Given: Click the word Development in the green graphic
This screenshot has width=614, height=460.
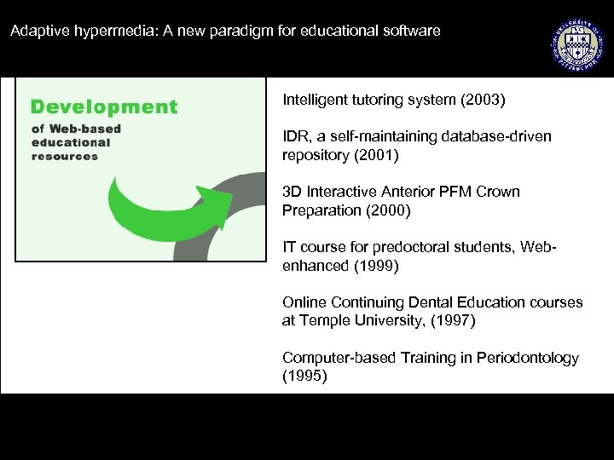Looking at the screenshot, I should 104,107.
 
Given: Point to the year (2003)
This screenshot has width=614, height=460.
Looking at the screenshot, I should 483,101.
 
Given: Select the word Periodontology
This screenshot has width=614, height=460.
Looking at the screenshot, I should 529,358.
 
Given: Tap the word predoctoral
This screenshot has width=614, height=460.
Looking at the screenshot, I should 403,247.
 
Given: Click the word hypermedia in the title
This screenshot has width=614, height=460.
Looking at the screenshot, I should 95,32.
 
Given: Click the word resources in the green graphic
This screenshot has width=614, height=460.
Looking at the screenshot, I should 65,157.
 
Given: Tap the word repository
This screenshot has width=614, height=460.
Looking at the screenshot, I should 315,156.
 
